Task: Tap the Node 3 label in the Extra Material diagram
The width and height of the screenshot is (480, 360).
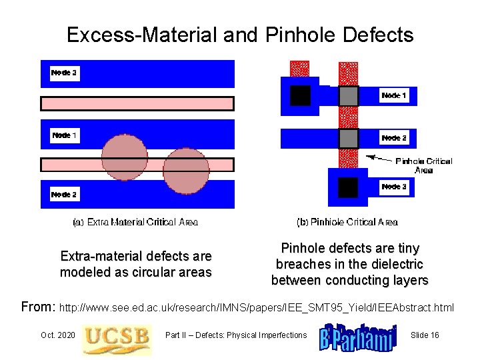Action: click(x=65, y=73)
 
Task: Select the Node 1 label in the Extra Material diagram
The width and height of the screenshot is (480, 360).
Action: click(x=65, y=135)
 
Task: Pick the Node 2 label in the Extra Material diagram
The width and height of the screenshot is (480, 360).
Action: click(x=65, y=195)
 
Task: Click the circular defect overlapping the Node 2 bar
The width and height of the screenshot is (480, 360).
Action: click(x=186, y=171)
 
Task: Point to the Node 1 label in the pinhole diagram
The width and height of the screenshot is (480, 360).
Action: click(x=394, y=96)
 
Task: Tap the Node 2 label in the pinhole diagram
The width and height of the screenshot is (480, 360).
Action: click(x=394, y=138)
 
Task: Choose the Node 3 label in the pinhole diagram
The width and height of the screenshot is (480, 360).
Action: click(x=394, y=187)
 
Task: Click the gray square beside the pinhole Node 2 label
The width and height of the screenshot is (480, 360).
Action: click(x=349, y=138)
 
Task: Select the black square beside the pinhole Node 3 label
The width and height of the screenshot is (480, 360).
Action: click(x=348, y=187)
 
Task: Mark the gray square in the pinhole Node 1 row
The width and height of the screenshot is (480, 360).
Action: click(x=349, y=96)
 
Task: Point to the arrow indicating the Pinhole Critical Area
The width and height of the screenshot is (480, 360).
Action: click(x=379, y=158)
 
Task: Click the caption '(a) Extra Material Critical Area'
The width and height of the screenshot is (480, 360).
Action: click(x=135, y=222)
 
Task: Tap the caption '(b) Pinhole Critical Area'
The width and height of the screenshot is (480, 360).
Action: click(x=347, y=222)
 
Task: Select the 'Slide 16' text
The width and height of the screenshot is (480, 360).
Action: click(x=425, y=335)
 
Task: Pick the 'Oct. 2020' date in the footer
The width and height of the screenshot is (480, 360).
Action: click(x=57, y=335)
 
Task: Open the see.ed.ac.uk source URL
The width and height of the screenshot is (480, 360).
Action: click(x=257, y=308)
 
